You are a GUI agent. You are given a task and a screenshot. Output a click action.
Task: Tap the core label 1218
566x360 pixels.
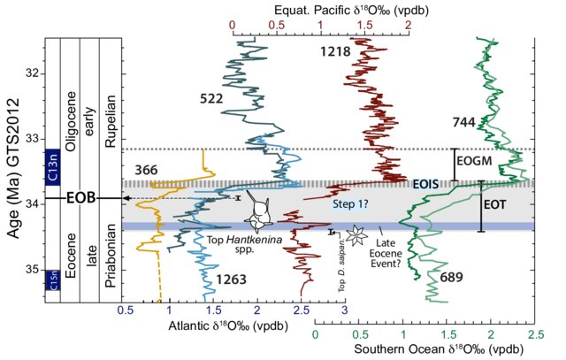coord(335,52)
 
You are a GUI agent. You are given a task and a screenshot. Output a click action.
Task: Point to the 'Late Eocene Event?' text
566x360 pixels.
coord(397,250)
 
